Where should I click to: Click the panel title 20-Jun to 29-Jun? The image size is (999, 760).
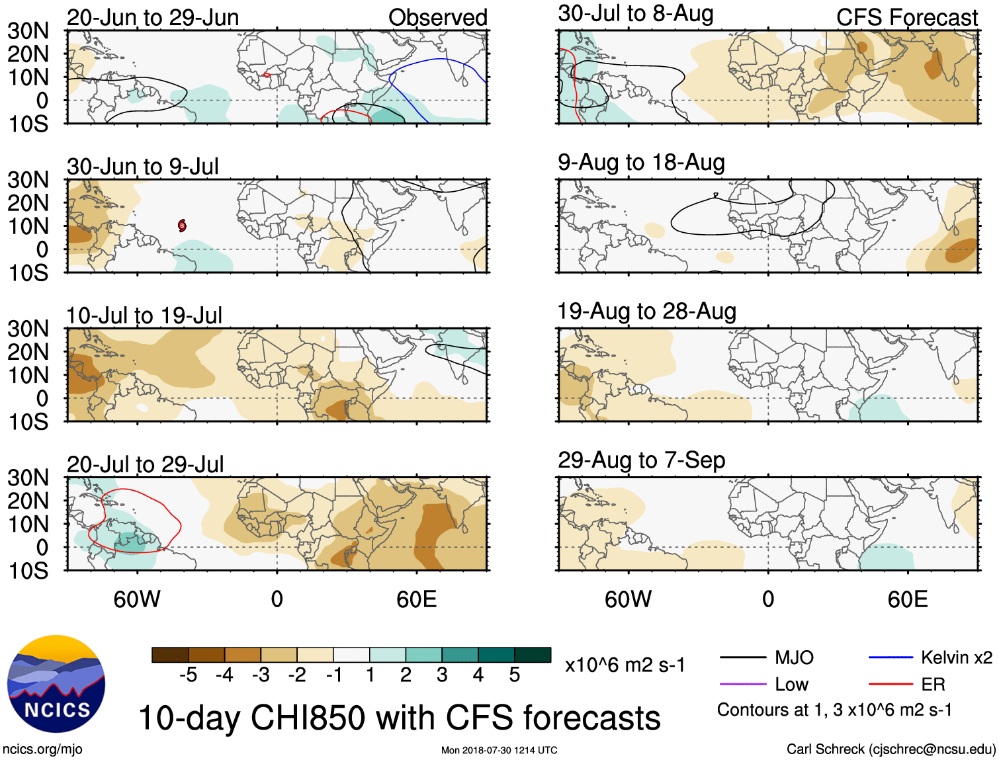153,18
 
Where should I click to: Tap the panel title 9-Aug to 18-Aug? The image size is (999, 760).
641,163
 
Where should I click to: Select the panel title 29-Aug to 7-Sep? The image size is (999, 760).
641,460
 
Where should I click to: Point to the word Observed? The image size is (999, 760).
437,18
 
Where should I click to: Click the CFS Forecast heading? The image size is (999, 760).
906,18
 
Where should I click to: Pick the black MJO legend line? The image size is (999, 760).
742,657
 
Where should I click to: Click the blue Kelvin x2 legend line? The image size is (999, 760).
890,657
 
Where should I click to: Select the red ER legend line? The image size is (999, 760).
890,685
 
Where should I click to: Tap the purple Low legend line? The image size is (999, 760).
742,685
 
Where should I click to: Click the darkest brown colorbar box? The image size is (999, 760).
170,655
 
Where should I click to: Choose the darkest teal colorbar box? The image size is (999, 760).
533,655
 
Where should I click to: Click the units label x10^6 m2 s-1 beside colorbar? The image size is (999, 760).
625,665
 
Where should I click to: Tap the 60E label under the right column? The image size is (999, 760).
907,599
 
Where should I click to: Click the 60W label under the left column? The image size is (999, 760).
137,599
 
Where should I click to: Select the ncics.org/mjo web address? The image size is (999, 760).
42,749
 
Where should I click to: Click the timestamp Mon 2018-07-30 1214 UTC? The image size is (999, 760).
499,750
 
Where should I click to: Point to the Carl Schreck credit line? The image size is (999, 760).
890,749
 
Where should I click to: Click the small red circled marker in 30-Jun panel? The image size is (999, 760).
182,226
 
